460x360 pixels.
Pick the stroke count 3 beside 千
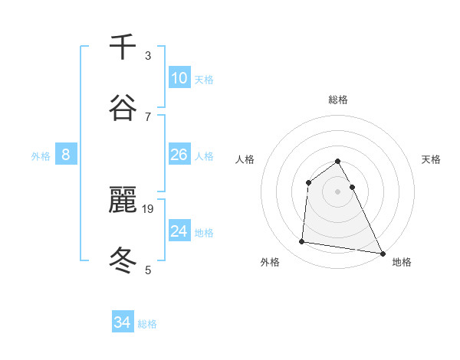pos(148,56)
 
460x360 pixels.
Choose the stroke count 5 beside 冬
pos(148,269)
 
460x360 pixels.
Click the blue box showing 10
pos(179,78)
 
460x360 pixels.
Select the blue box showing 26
pos(179,155)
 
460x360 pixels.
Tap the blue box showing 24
pos(179,231)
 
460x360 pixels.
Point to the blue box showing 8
pos(66,155)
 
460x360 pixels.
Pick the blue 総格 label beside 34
pos(147,324)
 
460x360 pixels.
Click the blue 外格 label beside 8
pos(41,156)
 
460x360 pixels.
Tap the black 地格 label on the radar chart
pos(402,262)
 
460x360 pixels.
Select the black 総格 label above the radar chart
pos(338,100)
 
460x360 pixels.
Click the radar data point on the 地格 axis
pos(383,253)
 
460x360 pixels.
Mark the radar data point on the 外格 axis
pos(302,242)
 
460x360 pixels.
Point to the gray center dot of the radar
pos(338,191)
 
